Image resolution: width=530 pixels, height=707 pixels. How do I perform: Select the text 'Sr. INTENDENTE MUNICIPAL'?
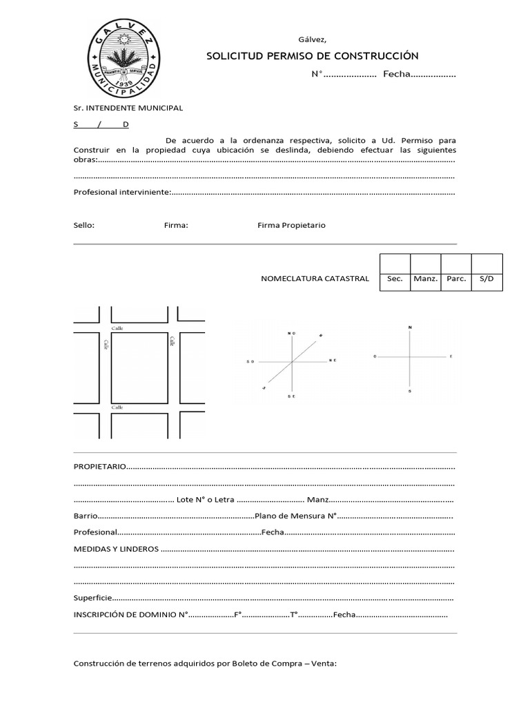tap(128, 108)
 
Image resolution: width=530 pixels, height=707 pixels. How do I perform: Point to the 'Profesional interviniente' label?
tap(121, 192)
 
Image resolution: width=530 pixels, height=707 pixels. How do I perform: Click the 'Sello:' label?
tap(84, 225)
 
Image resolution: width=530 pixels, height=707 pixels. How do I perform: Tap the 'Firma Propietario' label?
tap(291, 225)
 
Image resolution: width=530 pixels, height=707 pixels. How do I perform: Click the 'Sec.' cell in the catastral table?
tap(395, 279)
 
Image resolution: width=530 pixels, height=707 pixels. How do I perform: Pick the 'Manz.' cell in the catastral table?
tap(426, 279)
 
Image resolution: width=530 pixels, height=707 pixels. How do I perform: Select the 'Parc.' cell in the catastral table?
tap(456, 279)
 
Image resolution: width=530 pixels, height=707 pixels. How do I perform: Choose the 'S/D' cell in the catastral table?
tap(487, 279)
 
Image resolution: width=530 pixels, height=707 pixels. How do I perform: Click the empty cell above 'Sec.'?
tap(395, 263)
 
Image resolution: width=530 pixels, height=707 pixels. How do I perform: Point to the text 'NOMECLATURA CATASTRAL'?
tap(315, 279)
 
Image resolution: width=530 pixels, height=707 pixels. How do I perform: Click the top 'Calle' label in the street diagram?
tap(117, 329)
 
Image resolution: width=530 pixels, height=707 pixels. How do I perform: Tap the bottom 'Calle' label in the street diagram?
tap(117, 407)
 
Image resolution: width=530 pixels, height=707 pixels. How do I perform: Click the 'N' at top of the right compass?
tap(410, 327)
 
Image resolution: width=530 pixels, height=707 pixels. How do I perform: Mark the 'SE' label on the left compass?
tap(292, 397)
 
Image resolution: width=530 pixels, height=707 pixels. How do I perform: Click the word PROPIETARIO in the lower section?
tap(100, 467)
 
